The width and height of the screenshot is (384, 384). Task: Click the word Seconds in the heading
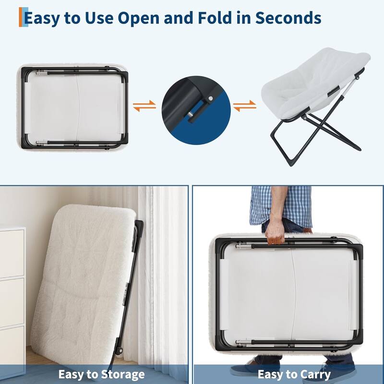(x=288, y=18)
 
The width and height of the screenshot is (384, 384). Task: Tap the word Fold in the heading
(x=215, y=18)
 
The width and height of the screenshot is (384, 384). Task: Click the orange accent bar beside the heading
(x=21, y=17)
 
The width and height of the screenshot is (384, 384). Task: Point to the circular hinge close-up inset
(x=196, y=110)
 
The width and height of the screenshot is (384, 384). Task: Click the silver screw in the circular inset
(x=211, y=98)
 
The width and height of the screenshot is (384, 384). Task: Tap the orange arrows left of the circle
(x=144, y=106)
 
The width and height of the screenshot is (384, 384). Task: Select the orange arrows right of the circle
(x=245, y=106)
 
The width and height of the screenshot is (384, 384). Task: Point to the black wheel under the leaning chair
(x=119, y=351)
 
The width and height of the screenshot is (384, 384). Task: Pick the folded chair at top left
(x=73, y=107)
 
